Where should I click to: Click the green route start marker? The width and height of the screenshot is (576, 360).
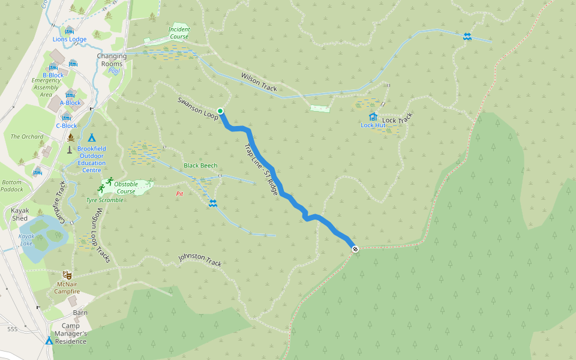click(220, 111)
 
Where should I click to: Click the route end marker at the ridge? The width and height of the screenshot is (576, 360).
click(355, 248)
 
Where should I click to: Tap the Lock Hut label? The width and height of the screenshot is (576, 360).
click(373, 125)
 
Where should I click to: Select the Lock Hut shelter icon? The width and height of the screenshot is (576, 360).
click(373, 116)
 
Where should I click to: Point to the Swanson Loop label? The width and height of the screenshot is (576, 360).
click(197, 107)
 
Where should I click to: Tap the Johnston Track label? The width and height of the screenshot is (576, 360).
click(200, 260)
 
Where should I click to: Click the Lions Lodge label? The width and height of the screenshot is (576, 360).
click(70, 40)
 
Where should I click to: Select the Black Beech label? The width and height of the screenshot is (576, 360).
click(200, 166)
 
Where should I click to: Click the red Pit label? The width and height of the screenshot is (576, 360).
click(179, 194)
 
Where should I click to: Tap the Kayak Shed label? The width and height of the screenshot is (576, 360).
click(24, 214)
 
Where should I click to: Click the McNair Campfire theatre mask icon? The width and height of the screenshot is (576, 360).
click(67, 274)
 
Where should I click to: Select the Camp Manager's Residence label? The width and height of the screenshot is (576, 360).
click(70, 334)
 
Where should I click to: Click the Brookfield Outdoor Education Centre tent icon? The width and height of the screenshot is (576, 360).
click(92, 137)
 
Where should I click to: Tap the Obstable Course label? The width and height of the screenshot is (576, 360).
click(127, 187)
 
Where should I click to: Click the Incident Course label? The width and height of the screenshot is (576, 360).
click(179, 32)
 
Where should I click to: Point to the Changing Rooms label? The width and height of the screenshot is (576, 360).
click(111, 60)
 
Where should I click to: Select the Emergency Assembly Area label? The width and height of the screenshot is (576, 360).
click(46, 88)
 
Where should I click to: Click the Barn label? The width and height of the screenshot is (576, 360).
click(80, 313)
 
